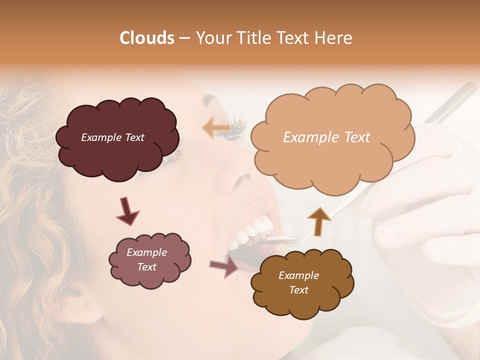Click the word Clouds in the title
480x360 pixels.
pyautogui.click(x=147, y=38)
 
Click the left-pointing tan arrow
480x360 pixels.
pyautogui.click(x=216, y=127)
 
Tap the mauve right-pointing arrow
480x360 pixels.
pyautogui.click(x=224, y=265)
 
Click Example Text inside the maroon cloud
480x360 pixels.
pyautogui.click(x=112, y=137)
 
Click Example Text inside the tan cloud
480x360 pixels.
pyautogui.click(x=326, y=137)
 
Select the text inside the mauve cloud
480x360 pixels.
pyautogui.click(x=146, y=259)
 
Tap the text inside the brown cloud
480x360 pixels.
pyautogui.click(x=298, y=282)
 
